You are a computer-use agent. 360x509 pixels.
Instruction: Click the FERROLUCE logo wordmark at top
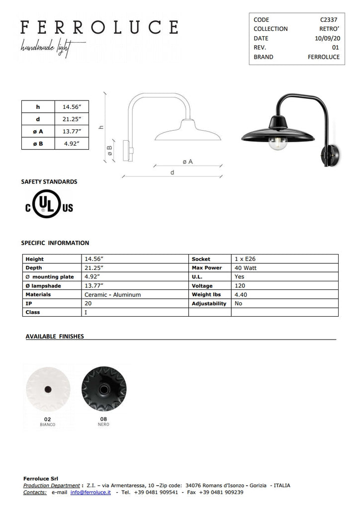99,27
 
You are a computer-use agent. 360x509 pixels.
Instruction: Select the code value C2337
330,19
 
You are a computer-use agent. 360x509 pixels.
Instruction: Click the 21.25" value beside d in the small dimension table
72,119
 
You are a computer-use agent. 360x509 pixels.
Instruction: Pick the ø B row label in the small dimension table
38,144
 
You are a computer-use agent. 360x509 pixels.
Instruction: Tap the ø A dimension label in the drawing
187,162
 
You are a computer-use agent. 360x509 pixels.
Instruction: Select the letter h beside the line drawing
101,127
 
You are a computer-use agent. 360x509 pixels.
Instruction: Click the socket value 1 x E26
245,259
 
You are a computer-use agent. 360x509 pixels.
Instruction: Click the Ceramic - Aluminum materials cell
113,295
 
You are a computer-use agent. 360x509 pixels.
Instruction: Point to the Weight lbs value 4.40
241,295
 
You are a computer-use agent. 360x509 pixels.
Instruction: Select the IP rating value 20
88,303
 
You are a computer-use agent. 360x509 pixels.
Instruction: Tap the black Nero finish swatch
103,389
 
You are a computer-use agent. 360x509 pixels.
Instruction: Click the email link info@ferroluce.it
90,492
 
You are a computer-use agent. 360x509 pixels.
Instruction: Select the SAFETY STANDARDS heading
49,182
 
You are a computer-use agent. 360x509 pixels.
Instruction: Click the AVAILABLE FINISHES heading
55,337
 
